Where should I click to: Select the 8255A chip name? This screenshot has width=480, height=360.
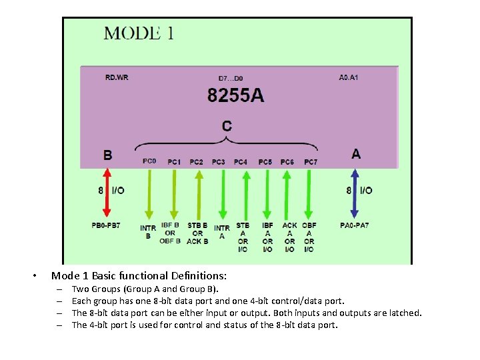pyautogui.click(x=235, y=96)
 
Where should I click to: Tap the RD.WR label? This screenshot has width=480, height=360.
pyautogui.click(x=117, y=77)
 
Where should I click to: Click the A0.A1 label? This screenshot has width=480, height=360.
pyautogui.click(x=348, y=77)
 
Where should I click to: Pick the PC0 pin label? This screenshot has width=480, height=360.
pyautogui.click(x=149, y=161)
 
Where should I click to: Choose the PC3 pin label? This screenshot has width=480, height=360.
pyautogui.click(x=219, y=162)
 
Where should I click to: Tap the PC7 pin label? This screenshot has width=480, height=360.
pyautogui.click(x=311, y=162)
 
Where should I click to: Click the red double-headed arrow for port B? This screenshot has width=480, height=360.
pyautogui.click(x=106, y=194)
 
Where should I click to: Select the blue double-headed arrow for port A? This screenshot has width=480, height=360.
pyautogui.click(x=355, y=194)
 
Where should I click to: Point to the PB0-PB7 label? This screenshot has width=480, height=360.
pyautogui.click(x=106, y=226)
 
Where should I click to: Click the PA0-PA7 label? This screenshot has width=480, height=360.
pyautogui.click(x=354, y=226)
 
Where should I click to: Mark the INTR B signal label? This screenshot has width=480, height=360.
pyautogui.click(x=148, y=232)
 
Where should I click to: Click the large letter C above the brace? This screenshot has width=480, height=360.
pyautogui.click(x=227, y=125)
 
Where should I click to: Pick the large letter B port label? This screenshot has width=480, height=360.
pyautogui.click(x=107, y=155)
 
